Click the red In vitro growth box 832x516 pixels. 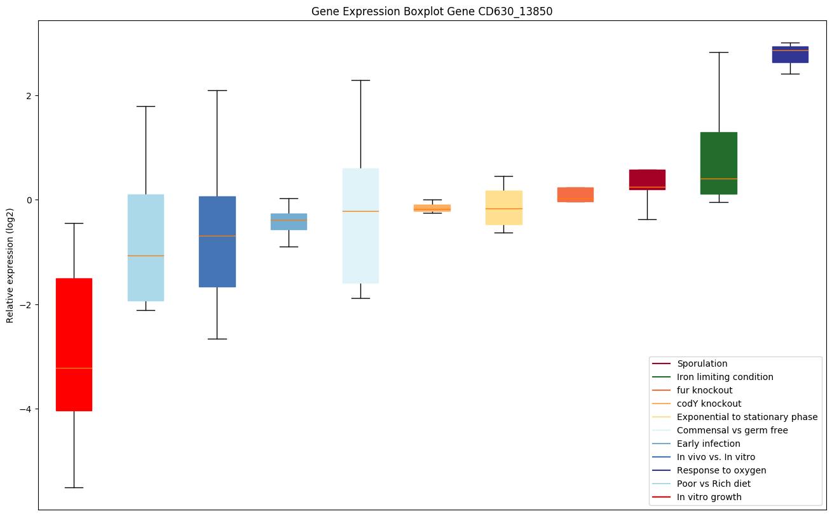[x=74, y=344]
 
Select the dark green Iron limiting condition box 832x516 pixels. [x=718, y=163]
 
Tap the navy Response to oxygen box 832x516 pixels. [x=790, y=55]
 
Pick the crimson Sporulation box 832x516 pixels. [x=647, y=179]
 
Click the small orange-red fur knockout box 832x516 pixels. [x=575, y=194]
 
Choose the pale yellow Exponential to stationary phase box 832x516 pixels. [x=503, y=207]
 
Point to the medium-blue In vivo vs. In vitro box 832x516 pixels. [x=217, y=241]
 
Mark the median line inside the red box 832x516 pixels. [x=74, y=368]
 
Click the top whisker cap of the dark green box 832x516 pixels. [x=718, y=52]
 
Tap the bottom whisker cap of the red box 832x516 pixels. [x=74, y=487]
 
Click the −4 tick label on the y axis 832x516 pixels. [x=25, y=409]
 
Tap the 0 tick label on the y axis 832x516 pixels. [x=29, y=200]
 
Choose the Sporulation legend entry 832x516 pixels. [x=702, y=363]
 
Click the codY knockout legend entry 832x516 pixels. [x=709, y=404]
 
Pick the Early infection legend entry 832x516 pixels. [x=708, y=444]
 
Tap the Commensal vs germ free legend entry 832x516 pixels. [x=732, y=430]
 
